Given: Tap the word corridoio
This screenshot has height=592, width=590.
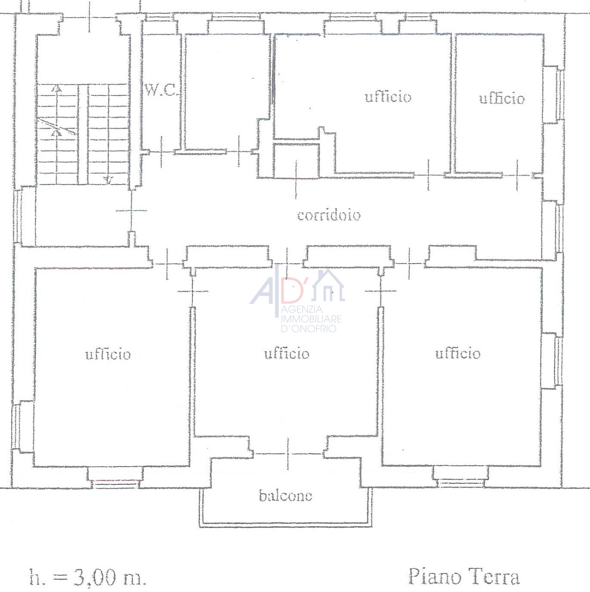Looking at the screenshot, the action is pyautogui.click(x=329, y=215).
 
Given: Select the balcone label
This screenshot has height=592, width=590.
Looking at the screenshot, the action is pyautogui.click(x=286, y=495).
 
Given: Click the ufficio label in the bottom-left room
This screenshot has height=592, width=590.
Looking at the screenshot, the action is pyautogui.click(x=108, y=354).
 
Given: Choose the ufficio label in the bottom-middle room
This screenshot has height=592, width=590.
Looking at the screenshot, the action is pyautogui.click(x=287, y=353).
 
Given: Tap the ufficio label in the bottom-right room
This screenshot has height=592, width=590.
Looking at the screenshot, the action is pyautogui.click(x=458, y=353).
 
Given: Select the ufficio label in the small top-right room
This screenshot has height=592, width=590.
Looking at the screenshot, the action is pyautogui.click(x=502, y=99).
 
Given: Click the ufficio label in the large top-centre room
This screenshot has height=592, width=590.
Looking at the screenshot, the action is pyautogui.click(x=388, y=97).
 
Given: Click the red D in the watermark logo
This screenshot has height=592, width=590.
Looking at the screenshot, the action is pyautogui.click(x=291, y=290).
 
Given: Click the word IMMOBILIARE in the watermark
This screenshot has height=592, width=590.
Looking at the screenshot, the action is pyautogui.click(x=311, y=319).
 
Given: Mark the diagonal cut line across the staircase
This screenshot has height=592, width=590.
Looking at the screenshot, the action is pyautogui.click(x=56, y=126).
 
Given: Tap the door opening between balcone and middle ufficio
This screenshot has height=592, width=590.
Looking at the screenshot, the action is pyautogui.click(x=288, y=454).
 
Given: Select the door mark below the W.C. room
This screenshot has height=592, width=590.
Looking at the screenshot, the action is pyautogui.click(x=161, y=152).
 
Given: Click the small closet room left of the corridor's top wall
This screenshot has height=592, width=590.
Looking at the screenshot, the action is pyautogui.click(x=296, y=160).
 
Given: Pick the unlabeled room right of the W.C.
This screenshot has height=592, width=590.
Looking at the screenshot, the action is pyautogui.click(x=228, y=92).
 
